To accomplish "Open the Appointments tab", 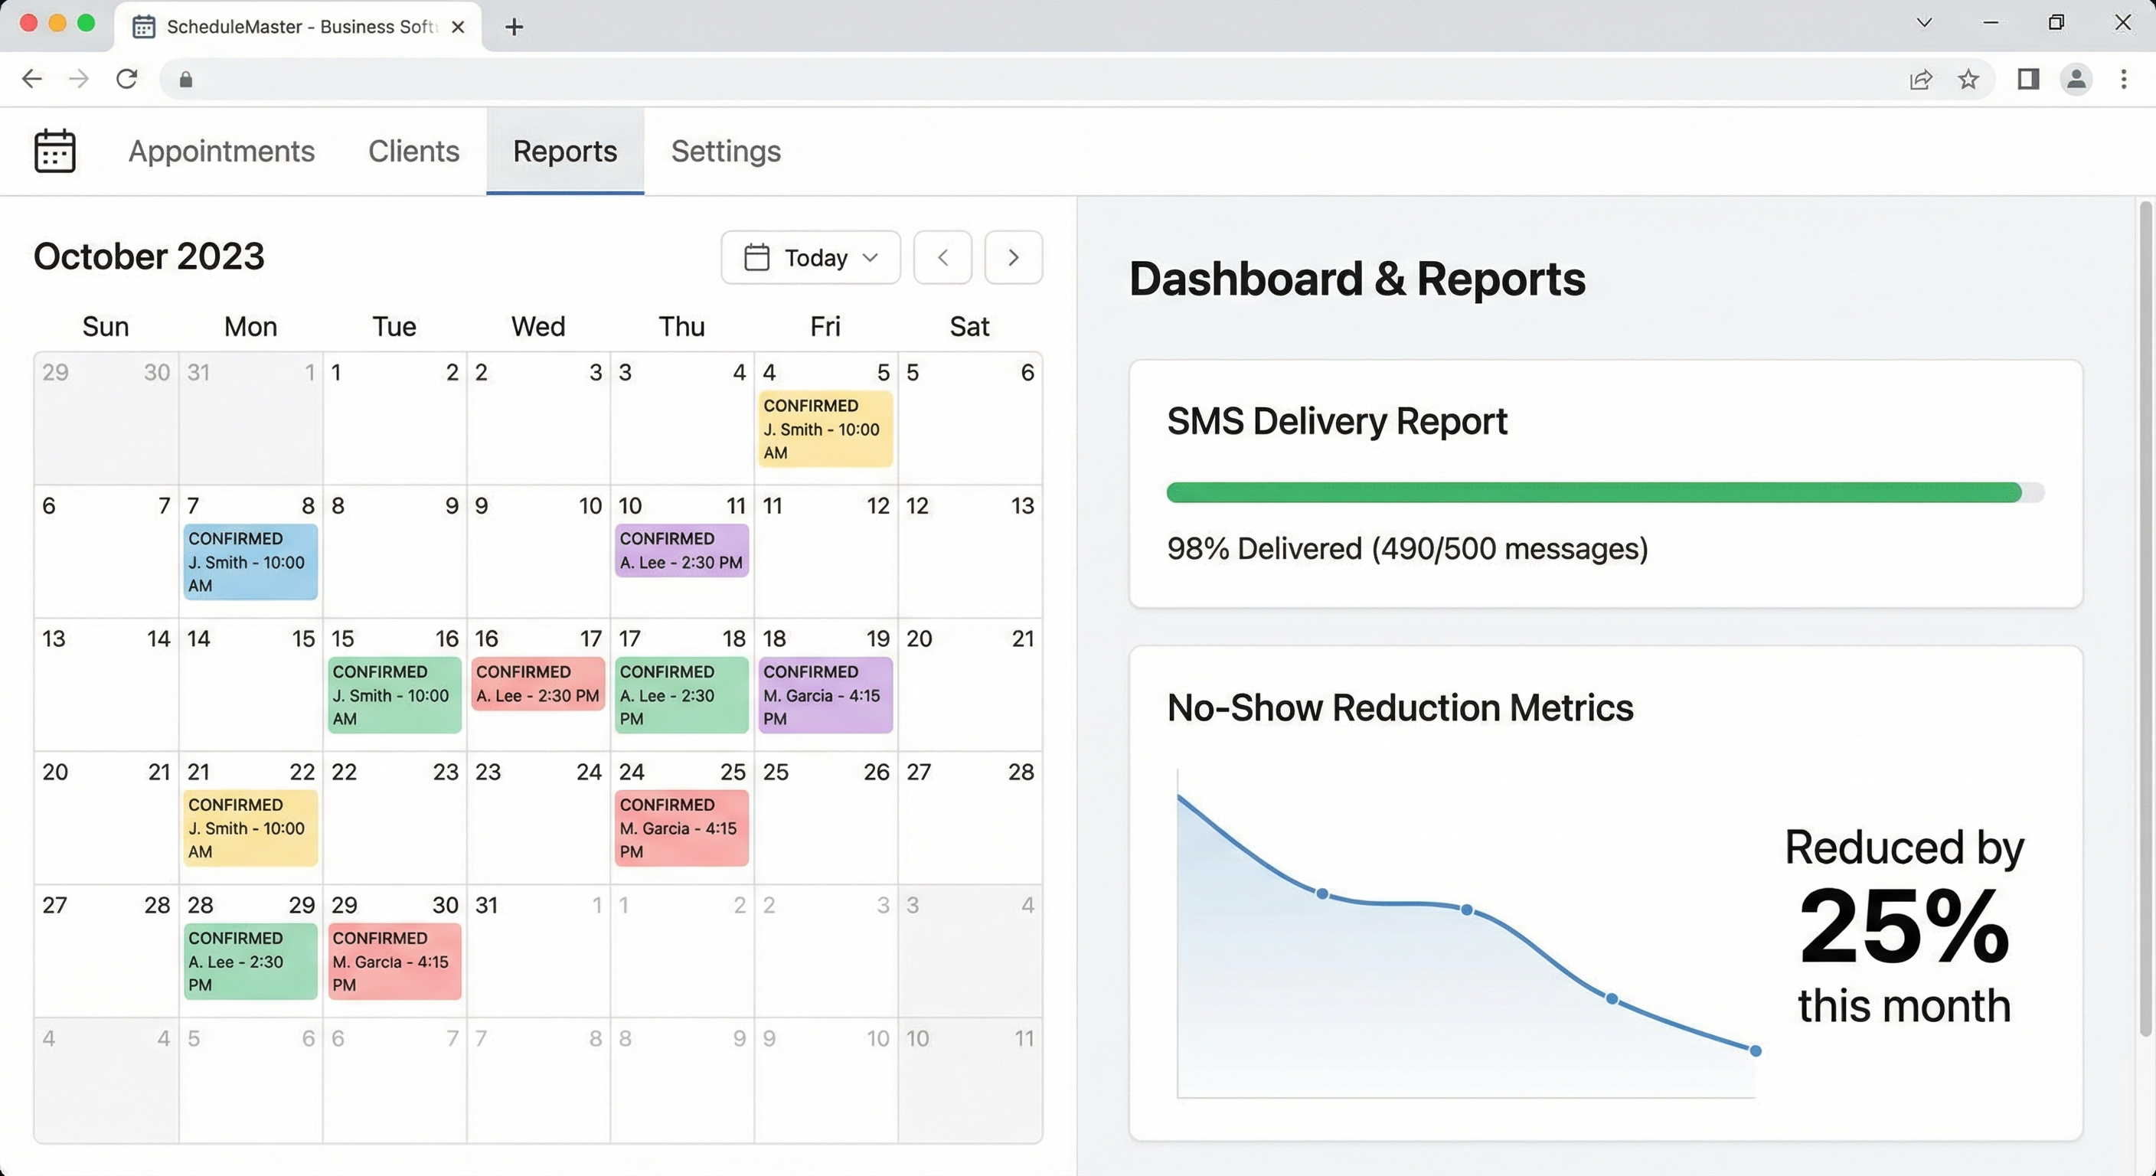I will coord(221,152).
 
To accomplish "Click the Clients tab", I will coord(413,152).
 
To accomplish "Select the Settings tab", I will coord(726,152).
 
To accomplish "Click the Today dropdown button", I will coord(810,258).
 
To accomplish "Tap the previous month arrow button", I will coord(942,258).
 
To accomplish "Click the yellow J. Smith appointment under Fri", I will coord(825,429).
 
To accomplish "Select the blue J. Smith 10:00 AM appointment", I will coord(250,562).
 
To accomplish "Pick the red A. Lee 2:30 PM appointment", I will coord(537,684).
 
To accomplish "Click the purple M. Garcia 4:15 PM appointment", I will coord(825,694).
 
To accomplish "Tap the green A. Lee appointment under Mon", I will coord(250,961).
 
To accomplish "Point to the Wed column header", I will coord(538,326).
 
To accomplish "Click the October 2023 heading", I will coord(149,256).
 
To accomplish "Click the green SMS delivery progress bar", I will coord(1592,492).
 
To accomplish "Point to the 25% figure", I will coord(1903,927).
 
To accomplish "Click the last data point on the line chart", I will coord(1755,1050).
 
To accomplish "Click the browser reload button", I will coord(126,80).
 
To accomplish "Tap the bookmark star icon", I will coord(1968,80).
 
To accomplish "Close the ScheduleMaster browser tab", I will coord(458,27).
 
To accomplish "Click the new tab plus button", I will coord(514,27).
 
